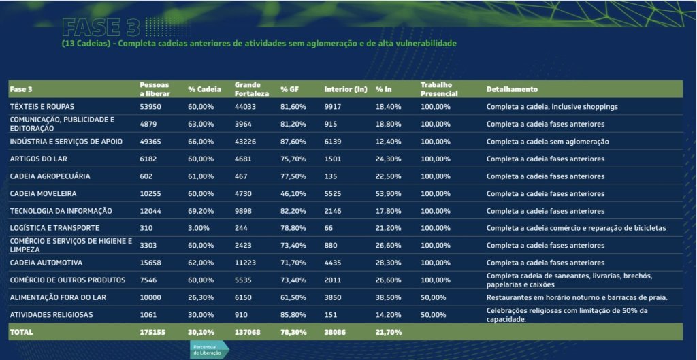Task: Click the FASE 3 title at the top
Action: (x=101, y=27)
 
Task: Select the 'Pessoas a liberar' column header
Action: (x=155, y=89)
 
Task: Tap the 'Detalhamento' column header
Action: (x=512, y=89)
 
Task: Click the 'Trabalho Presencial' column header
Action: (x=439, y=89)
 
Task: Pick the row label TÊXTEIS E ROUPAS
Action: (x=42, y=107)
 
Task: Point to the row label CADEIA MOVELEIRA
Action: (x=42, y=194)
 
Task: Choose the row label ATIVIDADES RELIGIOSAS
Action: (x=51, y=314)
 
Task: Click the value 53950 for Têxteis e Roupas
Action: (x=150, y=107)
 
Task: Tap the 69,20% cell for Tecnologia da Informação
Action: (x=201, y=211)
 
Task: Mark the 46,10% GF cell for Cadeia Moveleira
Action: (x=293, y=194)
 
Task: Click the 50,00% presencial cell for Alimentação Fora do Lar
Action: (x=434, y=297)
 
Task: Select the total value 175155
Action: (x=152, y=332)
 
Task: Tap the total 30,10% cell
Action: (x=201, y=332)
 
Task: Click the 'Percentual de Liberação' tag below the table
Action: (x=208, y=350)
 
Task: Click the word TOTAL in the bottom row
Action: (x=21, y=332)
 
